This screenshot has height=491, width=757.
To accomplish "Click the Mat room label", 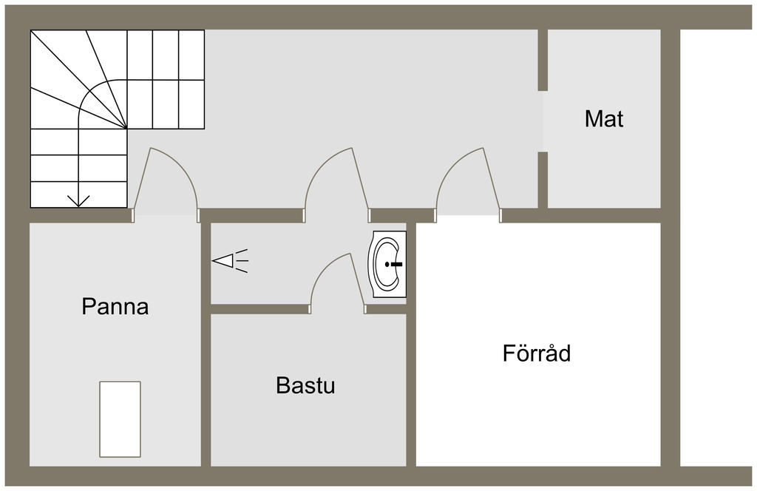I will pos(604,119).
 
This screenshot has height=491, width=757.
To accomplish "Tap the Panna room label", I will pos(115,306).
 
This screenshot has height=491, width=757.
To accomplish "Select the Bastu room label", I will pos(305,385).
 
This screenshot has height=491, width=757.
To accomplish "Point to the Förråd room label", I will pos(537,353).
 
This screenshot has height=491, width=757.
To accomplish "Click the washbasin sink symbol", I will pos(387,264).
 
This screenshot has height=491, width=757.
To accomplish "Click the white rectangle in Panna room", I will pos(120,419).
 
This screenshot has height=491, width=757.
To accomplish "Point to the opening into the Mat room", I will pos(543,121).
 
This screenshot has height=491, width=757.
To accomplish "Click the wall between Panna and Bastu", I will pos(206,370).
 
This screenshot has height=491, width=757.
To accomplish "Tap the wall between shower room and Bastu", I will pos(259,309).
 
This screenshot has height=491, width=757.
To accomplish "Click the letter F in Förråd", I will pos(509,353).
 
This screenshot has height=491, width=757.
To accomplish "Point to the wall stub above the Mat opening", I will pos(543,59).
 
